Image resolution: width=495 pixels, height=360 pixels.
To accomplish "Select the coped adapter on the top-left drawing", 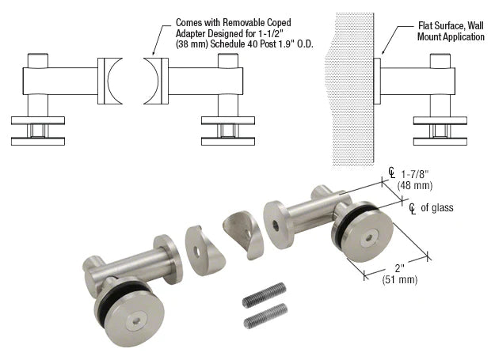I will point(112,81).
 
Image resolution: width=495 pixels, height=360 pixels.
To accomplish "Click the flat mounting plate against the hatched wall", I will point(378,79).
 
